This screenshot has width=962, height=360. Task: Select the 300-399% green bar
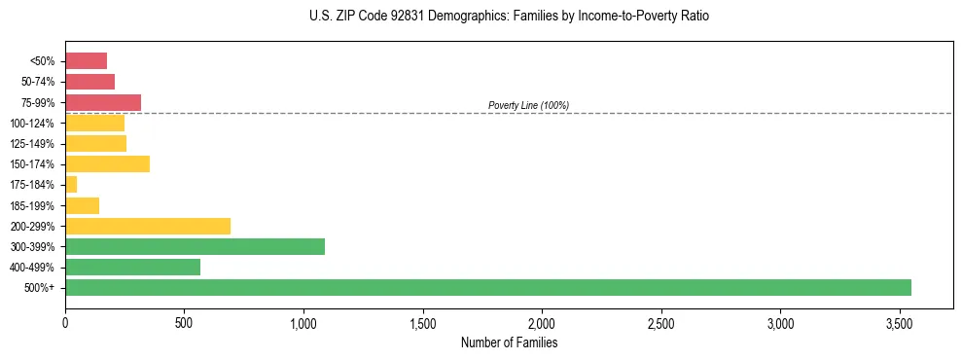[195, 246]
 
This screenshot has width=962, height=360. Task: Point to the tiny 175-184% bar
[71, 184]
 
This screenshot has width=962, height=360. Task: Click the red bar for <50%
[86, 60]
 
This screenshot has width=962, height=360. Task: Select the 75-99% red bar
[103, 102]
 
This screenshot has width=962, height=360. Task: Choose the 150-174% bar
[107, 163]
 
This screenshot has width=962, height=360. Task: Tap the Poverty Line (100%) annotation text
[528, 105]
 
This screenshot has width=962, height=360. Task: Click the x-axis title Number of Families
[509, 342]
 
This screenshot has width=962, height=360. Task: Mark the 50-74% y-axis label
[38, 82]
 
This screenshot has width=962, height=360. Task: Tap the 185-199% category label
[33, 205]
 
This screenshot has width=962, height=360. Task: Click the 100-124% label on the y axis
[33, 124]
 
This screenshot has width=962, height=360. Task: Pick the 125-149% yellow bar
[95, 143]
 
